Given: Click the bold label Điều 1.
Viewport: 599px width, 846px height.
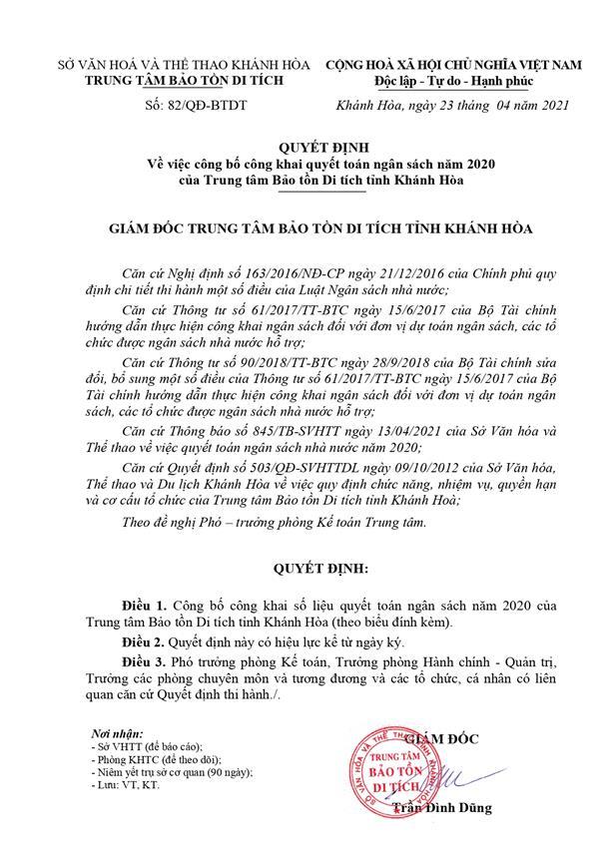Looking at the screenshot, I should coord(145,605).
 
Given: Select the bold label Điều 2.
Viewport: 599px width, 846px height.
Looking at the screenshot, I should coord(145,641).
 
